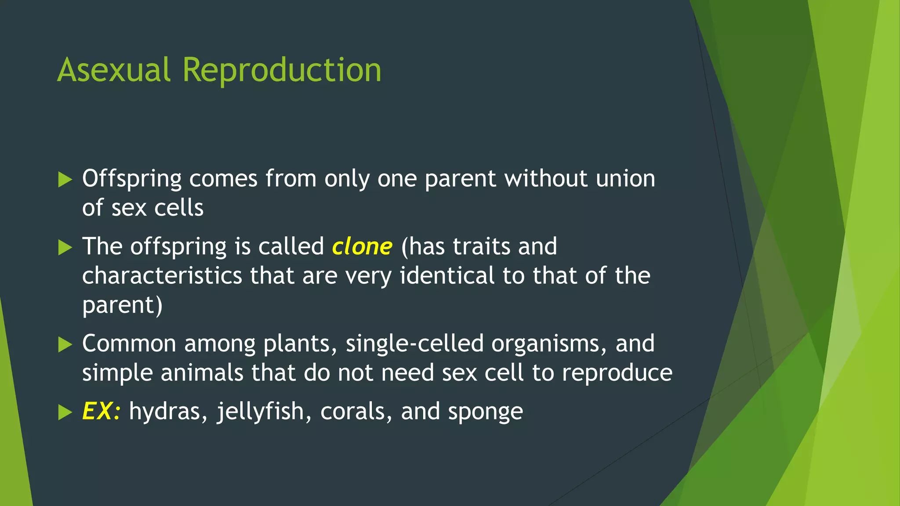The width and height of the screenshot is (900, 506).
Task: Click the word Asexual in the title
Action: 113,70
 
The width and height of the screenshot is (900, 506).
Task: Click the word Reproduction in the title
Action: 282,70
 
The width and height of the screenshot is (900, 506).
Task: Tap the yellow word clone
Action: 362,246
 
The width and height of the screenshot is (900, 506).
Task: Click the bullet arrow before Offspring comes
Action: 65,180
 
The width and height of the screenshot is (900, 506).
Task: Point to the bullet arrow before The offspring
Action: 65,247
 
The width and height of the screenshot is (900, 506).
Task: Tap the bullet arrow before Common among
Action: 65,344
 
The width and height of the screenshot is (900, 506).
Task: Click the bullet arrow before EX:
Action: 65,412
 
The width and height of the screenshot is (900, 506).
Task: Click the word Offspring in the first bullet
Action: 132,179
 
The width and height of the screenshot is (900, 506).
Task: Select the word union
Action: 625,179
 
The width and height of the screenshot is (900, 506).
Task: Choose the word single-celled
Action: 414,343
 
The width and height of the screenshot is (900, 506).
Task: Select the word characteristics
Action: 162,276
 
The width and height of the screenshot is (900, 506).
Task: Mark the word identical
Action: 447,276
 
